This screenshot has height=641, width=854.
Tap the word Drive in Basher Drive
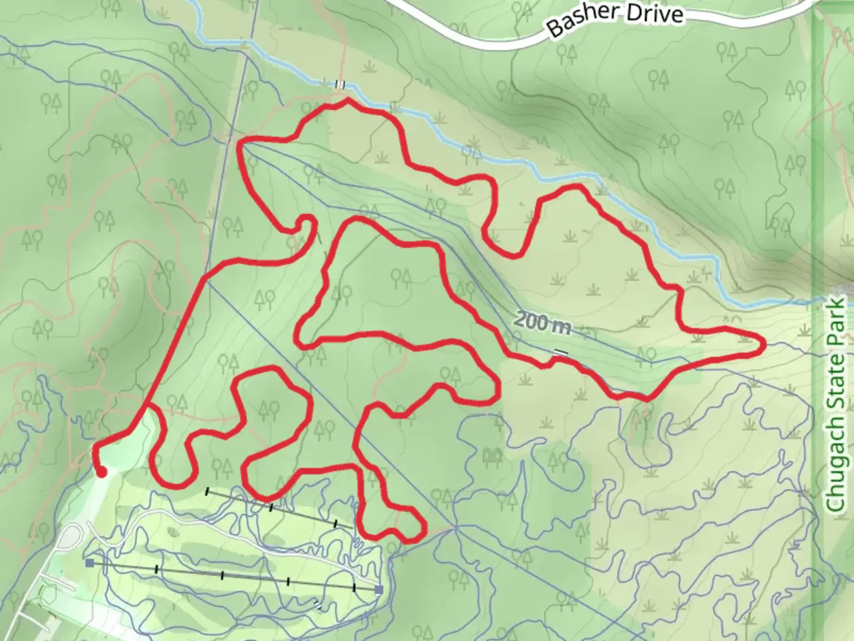(656, 13)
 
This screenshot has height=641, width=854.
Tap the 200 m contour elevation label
(542, 323)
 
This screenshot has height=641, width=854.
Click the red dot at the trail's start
(101, 472)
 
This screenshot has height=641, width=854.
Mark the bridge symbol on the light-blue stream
(339, 84)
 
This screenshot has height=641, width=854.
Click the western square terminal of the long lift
(90, 562)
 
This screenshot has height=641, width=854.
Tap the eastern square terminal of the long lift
(378, 589)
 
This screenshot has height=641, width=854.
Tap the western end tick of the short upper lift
(207, 491)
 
